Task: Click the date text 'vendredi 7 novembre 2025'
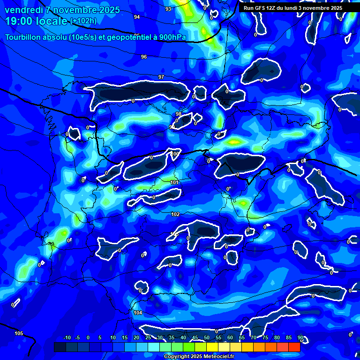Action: coord(62,10)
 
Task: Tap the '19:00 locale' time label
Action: coord(36,21)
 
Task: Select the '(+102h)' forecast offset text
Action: coord(83,21)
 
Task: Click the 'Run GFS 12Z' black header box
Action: coord(293,8)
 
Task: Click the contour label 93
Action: coord(168,9)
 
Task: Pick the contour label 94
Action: coord(137,17)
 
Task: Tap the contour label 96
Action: coord(144,57)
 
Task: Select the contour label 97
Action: coord(161,77)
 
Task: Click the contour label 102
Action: coord(175,214)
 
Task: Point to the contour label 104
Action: coord(138,313)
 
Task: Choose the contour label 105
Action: coord(19,333)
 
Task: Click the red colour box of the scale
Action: coord(294,347)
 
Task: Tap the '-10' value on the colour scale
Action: coord(67,338)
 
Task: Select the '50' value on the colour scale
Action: coord(207,338)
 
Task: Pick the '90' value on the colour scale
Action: coord(300,338)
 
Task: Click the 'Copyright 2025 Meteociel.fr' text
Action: coord(199,357)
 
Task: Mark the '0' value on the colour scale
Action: coord(88,338)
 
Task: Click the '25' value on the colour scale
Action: coord(148,338)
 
